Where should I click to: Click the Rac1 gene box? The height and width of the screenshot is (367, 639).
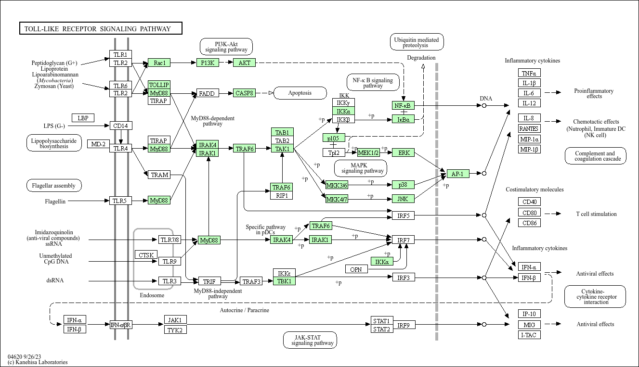click(159, 63)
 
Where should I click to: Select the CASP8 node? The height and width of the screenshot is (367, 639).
click(244, 93)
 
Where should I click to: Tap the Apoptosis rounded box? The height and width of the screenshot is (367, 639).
click(300, 93)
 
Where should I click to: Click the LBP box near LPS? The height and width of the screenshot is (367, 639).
click(83, 118)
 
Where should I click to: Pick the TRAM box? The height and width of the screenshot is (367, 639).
click(159, 175)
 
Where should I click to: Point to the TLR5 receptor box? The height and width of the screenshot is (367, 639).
click(120, 201)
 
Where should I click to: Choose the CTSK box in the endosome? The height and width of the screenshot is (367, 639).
click(146, 255)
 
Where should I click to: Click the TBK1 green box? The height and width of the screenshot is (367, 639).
click(284, 281)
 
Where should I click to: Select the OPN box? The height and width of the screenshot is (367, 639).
click(356, 269)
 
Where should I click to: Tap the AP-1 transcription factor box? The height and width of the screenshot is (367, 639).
click(458, 174)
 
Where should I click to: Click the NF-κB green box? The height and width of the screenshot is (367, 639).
click(403, 105)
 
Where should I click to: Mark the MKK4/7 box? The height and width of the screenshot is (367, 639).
click(337, 199)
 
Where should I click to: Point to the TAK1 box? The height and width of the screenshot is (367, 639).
click(282, 149)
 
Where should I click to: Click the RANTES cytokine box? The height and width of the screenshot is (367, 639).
click(529, 128)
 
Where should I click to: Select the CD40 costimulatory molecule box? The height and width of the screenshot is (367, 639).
click(529, 202)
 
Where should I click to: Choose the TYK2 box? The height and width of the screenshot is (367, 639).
click(175, 329)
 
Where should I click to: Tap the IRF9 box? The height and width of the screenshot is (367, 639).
click(404, 325)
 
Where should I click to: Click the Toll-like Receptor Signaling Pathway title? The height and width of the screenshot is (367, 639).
click(98, 29)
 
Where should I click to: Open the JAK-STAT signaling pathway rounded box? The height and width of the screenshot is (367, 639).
click(310, 340)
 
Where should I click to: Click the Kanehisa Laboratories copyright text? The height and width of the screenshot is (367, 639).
click(38, 362)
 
